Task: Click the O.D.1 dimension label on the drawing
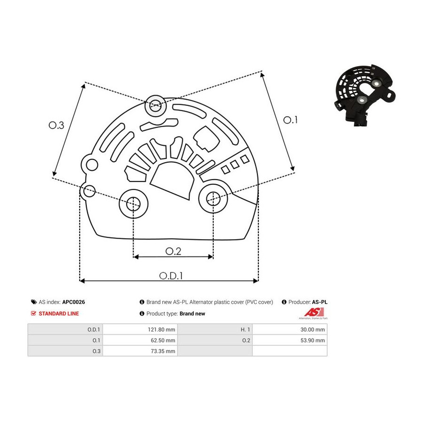[x=171, y=276]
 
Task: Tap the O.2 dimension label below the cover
[x=173, y=251]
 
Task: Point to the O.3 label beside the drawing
[x=56, y=125]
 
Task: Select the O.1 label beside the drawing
[x=290, y=120]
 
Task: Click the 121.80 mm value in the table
[x=161, y=330]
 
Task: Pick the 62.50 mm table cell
[x=163, y=340]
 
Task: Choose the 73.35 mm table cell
[x=163, y=351]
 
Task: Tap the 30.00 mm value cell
[x=312, y=330]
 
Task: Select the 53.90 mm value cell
[x=312, y=340]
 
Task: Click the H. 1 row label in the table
[x=245, y=330]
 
